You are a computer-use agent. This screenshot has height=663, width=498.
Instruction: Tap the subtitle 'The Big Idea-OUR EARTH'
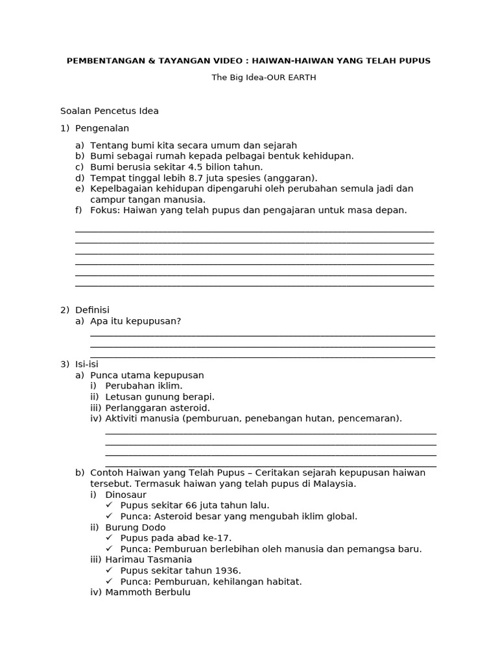[263, 78]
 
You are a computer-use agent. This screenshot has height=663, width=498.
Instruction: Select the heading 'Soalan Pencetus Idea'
[109, 111]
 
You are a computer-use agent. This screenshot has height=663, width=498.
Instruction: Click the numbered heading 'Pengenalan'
[102, 128]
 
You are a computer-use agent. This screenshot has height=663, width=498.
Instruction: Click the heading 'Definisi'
[92, 310]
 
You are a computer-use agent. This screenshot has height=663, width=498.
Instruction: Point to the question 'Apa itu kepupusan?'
[136, 321]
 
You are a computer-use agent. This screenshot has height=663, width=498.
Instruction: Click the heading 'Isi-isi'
[87, 365]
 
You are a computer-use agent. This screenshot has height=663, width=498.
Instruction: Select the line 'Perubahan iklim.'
[144, 386]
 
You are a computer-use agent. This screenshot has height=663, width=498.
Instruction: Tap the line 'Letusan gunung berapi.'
[160, 397]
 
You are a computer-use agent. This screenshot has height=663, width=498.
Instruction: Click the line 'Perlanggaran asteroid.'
[158, 408]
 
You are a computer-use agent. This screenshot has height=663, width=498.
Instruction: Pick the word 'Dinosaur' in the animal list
[126, 495]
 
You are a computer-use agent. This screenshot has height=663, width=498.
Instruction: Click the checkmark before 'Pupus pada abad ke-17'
[109, 538]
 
